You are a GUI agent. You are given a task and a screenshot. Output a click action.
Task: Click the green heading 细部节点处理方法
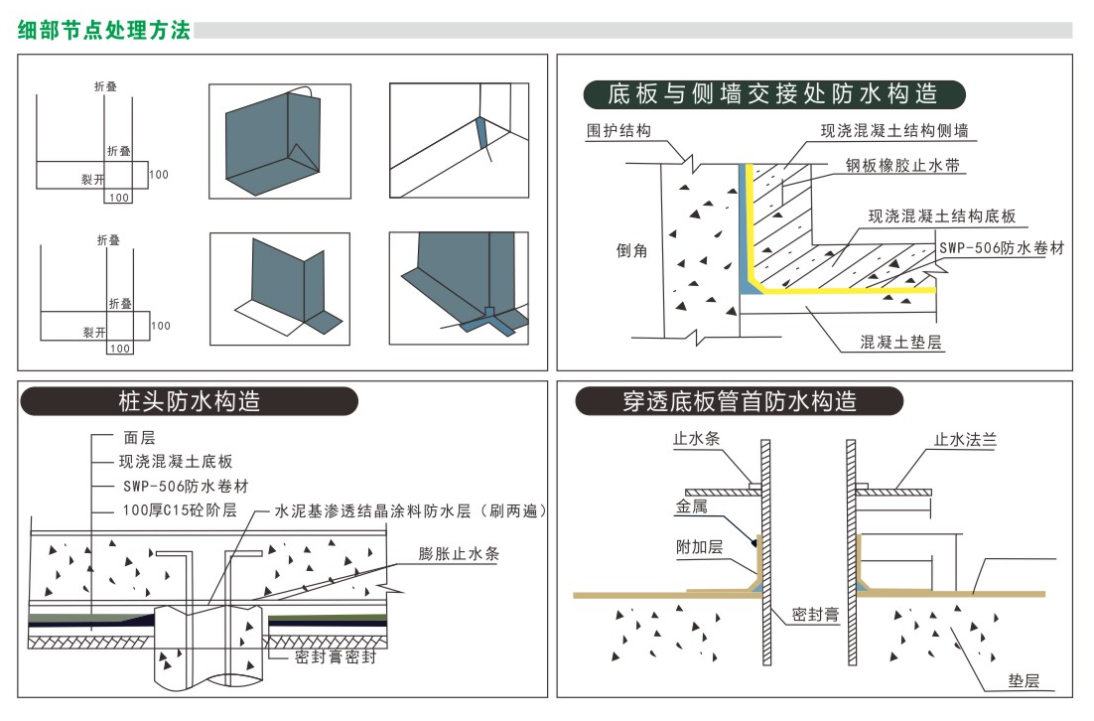[x=104, y=29]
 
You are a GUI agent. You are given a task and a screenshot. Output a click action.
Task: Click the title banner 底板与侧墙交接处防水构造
[x=773, y=94]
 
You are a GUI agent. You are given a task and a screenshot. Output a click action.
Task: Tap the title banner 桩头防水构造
[x=189, y=401]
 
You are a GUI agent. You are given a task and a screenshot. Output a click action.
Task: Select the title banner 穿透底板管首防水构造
[x=740, y=401]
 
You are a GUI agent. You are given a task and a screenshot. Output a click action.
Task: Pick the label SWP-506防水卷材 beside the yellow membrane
[x=1002, y=248]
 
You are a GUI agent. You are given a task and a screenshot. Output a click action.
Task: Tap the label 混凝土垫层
[x=900, y=343]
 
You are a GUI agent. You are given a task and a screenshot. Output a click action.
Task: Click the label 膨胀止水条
[x=458, y=554]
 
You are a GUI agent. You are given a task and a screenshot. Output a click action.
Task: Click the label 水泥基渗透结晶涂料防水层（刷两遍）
[x=411, y=510]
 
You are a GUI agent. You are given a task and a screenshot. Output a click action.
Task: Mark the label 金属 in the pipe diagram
[x=692, y=505]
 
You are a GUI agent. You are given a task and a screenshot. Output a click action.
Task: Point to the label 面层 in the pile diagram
[x=139, y=437]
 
